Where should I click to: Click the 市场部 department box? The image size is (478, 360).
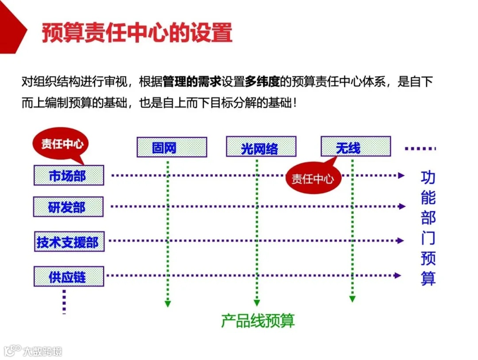coord(69,175)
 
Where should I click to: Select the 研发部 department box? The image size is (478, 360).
coord(68,207)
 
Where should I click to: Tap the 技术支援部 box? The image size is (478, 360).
coord(69,242)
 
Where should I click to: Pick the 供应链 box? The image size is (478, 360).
coord(69,276)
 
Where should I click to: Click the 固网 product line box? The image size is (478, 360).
coord(172,147)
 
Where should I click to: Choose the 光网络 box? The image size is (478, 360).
coord(261,147)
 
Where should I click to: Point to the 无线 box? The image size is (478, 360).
coord(355,147)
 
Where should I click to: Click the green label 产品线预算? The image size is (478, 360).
coord(258,321)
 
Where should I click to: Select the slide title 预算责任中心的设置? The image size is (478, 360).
coord(137,33)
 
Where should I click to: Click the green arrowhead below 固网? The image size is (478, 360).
coord(168,304)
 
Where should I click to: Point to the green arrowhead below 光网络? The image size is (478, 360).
coord(257,303)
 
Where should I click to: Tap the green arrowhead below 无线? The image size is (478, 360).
coord(352,299)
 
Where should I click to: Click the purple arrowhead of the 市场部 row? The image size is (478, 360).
coord(401,175)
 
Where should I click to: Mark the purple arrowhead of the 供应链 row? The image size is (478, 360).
coord(398,275)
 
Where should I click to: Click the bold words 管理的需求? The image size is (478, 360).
coord(192,82)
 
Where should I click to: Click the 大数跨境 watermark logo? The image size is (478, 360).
coord(33,351)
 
